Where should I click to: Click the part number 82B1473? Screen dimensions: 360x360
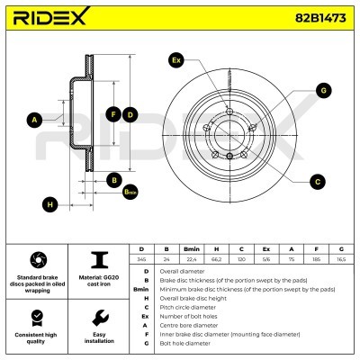click(x=320, y=18)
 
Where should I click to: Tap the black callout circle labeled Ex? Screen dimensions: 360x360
click(x=176, y=60)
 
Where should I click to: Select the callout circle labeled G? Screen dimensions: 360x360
click(x=323, y=91)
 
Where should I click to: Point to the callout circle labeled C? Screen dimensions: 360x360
click(x=318, y=182)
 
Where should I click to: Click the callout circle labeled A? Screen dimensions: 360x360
click(x=35, y=120)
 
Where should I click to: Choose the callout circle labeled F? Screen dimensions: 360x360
click(x=113, y=114)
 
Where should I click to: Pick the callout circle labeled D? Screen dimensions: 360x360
click(x=130, y=114)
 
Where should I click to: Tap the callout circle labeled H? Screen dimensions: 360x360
click(x=49, y=204)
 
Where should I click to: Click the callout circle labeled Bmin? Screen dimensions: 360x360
click(x=130, y=192)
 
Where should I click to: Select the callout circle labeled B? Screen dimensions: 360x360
click(x=114, y=180)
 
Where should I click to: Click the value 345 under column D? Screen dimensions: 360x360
click(x=141, y=259)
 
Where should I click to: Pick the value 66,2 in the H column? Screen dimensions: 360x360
click(x=217, y=259)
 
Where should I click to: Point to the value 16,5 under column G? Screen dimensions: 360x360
click(x=341, y=259)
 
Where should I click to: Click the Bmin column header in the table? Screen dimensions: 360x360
click(x=192, y=249)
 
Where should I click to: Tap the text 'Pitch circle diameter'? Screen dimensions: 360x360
click(x=188, y=307)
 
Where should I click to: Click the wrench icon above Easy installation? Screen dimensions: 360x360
click(x=100, y=318)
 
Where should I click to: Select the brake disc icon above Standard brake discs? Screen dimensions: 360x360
click(x=38, y=260)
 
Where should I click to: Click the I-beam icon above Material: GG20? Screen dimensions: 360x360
click(x=99, y=260)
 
